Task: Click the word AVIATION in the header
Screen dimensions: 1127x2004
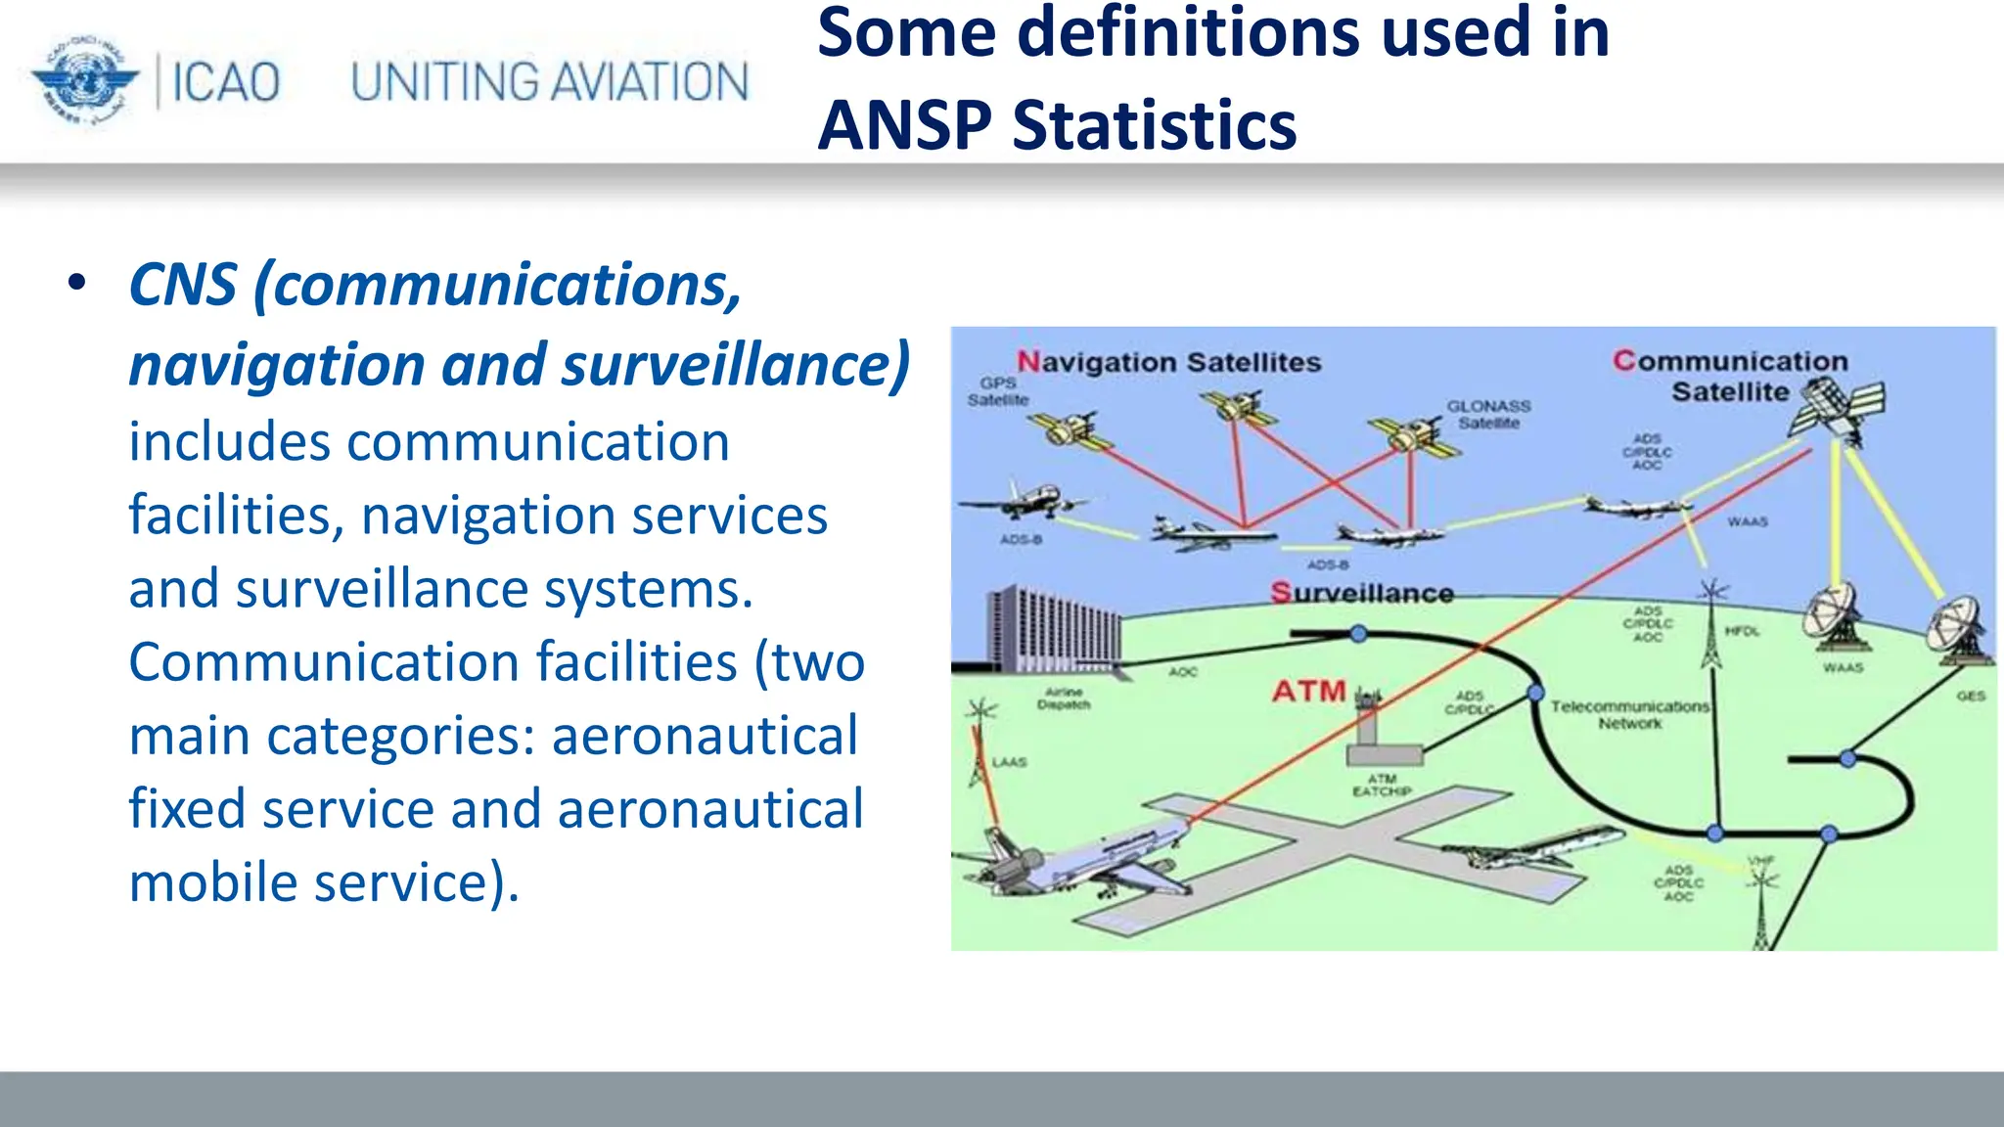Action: tap(647, 82)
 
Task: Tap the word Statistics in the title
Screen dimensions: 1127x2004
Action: tap(1154, 125)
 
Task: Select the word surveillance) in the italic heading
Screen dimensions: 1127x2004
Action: tap(735, 364)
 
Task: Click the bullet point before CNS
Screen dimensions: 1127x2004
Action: tap(77, 284)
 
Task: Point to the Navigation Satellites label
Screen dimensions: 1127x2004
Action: tap(1168, 362)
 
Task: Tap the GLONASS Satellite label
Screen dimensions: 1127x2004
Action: tap(1488, 414)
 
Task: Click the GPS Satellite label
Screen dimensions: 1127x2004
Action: tap(998, 391)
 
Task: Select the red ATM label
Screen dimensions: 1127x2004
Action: tap(1308, 692)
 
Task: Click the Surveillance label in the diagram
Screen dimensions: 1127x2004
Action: tap(1361, 593)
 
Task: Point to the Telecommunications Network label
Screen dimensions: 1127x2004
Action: tap(1629, 714)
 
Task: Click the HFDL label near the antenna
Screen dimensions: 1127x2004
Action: tap(1742, 631)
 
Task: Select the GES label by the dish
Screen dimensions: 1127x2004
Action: tap(1970, 696)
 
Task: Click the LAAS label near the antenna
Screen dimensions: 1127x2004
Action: tap(1009, 761)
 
